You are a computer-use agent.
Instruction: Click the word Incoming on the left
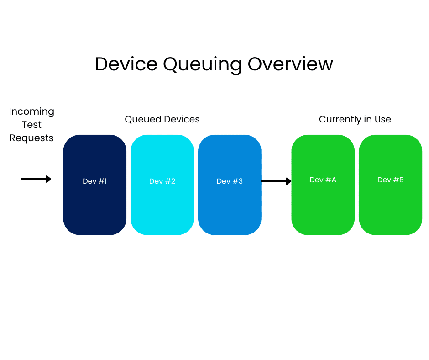31,111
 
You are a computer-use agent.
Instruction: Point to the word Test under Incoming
31,125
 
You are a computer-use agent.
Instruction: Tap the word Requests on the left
31,138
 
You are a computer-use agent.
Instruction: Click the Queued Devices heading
162,119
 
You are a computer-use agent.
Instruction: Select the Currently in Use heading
355,119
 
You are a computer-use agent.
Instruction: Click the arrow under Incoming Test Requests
36,179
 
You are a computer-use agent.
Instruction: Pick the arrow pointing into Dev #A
276,181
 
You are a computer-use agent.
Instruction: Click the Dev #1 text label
94,181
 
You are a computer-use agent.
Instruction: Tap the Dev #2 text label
162,181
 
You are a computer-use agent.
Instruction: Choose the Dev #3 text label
230,181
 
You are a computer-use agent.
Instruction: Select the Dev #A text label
323,180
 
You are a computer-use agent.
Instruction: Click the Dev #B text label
390,180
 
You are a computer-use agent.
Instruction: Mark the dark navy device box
94,206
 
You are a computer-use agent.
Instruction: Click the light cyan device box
162,206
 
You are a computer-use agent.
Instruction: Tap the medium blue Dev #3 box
230,206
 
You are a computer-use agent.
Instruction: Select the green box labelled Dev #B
390,206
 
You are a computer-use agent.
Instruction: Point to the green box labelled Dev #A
323,206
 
